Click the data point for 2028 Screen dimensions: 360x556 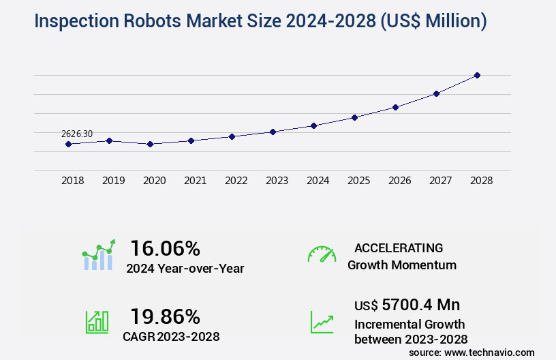tap(477, 75)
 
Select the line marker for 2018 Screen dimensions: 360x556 tap(68, 144)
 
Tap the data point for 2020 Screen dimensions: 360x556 tap(150, 144)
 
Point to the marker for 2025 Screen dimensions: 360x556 tap(354, 117)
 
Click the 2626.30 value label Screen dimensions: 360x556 tap(77, 134)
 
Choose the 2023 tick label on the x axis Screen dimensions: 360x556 tap(277, 181)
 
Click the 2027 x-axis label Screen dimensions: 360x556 tap(440, 181)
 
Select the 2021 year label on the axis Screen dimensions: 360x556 tap(195, 181)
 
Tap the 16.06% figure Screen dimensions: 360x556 tap(165, 248)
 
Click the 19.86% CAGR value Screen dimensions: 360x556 tap(165, 316)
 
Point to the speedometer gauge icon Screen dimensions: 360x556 tap(322, 254)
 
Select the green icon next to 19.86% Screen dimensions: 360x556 tap(97, 322)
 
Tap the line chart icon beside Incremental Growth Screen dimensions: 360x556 tap(322, 322)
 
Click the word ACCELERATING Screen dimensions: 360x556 tap(399, 248)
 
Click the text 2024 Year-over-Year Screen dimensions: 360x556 tap(185, 269)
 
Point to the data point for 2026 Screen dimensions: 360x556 tap(395, 107)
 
